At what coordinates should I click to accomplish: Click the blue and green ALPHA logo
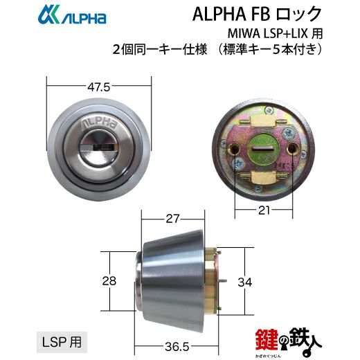click(x=72, y=15)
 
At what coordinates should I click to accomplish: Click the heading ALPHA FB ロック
click(x=257, y=14)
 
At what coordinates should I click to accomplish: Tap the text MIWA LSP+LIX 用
click(x=275, y=33)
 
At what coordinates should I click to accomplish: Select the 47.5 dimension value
click(x=99, y=87)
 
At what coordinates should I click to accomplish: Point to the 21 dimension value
click(x=264, y=210)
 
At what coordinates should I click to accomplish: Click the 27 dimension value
click(x=172, y=219)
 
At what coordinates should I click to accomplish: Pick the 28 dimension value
click(x=109, y=281)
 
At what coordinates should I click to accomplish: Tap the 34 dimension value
click(x=245, y=282)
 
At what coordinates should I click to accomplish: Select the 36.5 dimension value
click(x=177, y=347)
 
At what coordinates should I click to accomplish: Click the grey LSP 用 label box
click(x=62, y=342)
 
